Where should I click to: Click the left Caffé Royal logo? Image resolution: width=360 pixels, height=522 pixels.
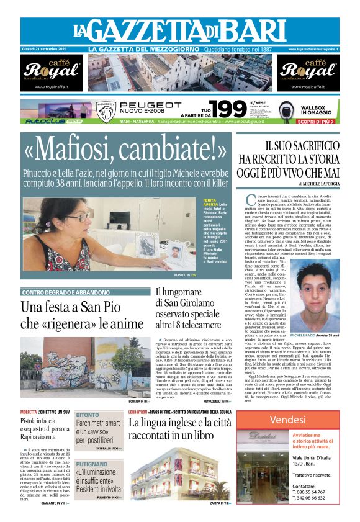[52, 71]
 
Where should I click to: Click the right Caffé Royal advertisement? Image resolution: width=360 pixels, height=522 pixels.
[308, 73]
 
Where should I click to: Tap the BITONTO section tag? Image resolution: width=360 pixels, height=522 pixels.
[87, 415]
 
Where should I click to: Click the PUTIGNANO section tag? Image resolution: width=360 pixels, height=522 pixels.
[91, 463]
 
